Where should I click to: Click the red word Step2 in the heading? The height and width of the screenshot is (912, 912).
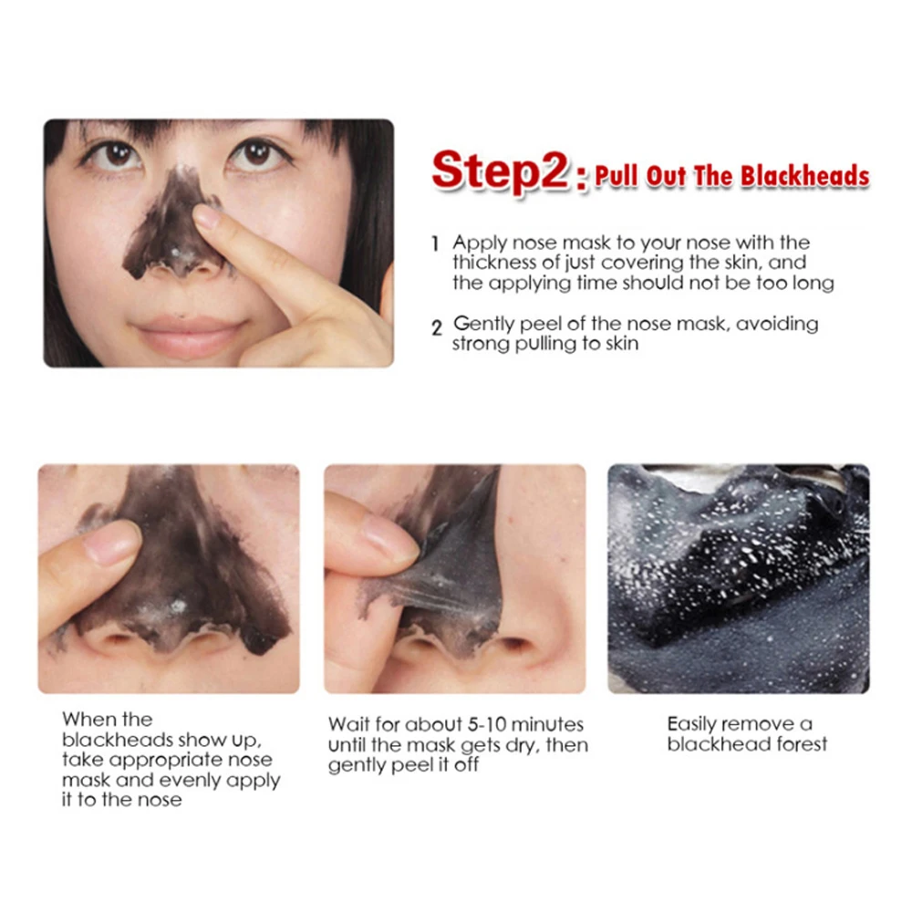click(500, 171)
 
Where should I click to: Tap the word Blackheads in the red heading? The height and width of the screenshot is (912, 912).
click(805, 176)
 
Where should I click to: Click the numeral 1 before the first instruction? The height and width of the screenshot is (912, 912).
click(435, 244)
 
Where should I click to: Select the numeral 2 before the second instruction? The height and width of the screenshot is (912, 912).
click(437, 328)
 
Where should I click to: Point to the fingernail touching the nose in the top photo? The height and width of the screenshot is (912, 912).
click(206, 217)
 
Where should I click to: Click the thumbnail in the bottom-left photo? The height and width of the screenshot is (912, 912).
click(110, 544)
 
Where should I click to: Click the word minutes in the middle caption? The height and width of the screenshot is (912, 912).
click(547, 725)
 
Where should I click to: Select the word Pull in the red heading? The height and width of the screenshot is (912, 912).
click(617, 176)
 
